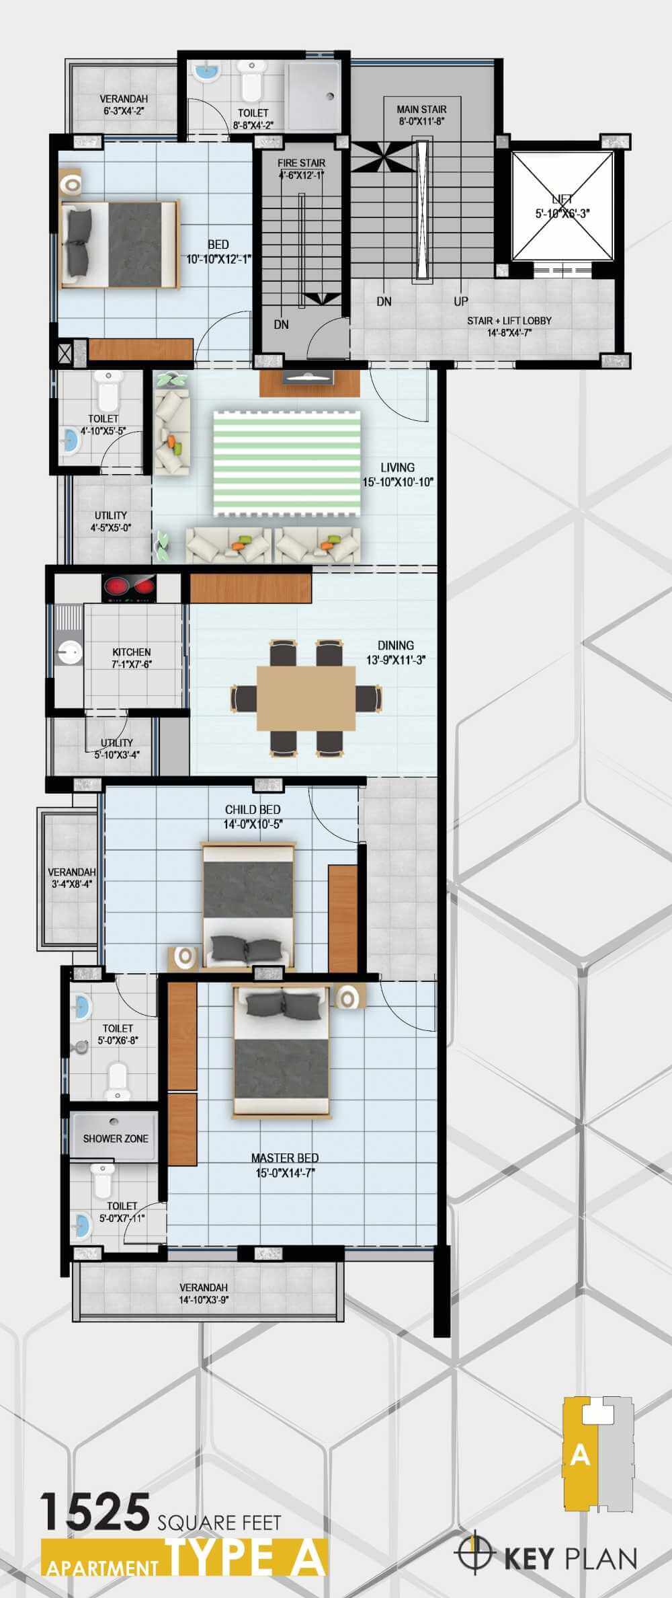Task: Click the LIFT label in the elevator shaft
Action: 562,199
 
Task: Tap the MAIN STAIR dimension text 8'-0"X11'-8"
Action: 421,122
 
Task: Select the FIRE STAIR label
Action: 302,163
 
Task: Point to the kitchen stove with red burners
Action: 128,586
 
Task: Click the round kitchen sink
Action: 68,650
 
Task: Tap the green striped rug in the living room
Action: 287,463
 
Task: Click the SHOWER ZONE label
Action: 116,1139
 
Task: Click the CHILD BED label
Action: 253,810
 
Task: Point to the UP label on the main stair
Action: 461,301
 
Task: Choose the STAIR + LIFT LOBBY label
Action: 509,321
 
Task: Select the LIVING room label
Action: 397,467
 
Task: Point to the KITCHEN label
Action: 132,652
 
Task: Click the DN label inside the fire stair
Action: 282,324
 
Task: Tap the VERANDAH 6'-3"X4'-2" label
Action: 124,99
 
